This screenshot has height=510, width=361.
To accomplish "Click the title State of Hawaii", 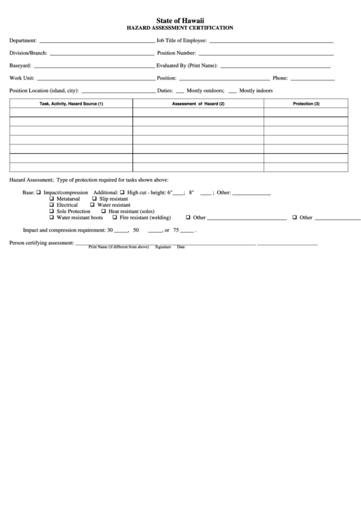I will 180,20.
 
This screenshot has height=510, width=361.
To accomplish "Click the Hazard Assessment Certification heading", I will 180,28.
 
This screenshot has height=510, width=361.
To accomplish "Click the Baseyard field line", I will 94,66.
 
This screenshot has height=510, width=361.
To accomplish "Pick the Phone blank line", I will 324,78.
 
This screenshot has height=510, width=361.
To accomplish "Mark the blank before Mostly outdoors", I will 180,91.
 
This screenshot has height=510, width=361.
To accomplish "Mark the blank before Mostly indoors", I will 232,91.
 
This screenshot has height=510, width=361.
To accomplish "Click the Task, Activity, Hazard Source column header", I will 71,103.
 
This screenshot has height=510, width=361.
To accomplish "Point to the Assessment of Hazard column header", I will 198,103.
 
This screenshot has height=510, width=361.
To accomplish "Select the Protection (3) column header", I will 306,103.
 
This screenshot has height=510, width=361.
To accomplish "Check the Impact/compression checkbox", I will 39,193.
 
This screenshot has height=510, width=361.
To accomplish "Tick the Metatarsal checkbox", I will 52,198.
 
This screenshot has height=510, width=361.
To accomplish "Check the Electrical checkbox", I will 52,205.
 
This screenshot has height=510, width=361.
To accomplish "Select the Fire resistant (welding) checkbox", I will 114,218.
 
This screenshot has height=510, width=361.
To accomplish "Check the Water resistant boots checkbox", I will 52,218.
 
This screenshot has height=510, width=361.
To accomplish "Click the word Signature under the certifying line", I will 162,247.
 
